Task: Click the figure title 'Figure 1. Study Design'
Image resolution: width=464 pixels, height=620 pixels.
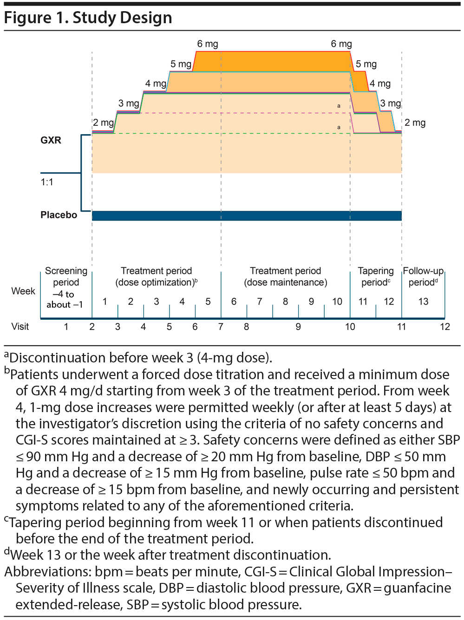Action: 88,18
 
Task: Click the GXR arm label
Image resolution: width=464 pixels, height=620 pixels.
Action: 51,140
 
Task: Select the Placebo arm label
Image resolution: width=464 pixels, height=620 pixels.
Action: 59,215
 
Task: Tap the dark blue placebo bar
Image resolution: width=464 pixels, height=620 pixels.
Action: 246,216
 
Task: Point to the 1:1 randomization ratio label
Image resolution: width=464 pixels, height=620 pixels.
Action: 47,182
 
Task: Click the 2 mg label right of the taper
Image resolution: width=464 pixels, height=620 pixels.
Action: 415,123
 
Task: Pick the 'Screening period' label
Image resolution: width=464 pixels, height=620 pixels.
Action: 66,277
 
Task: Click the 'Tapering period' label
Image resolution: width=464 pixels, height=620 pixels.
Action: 375,277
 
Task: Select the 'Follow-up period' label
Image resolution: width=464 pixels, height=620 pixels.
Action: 423,277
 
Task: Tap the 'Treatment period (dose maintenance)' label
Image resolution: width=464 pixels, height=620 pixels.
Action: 285,277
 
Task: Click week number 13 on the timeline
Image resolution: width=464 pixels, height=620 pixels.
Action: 423,302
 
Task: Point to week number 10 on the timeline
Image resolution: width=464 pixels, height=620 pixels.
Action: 337,302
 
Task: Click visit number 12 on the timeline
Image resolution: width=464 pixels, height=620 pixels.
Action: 445,327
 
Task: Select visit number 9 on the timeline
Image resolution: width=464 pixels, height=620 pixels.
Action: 298,327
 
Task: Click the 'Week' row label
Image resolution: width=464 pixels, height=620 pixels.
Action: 23,291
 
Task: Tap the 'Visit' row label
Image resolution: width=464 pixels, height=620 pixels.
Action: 20,327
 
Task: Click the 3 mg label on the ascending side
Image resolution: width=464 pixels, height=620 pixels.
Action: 128,103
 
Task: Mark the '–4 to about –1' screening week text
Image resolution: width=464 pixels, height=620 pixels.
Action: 65,299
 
